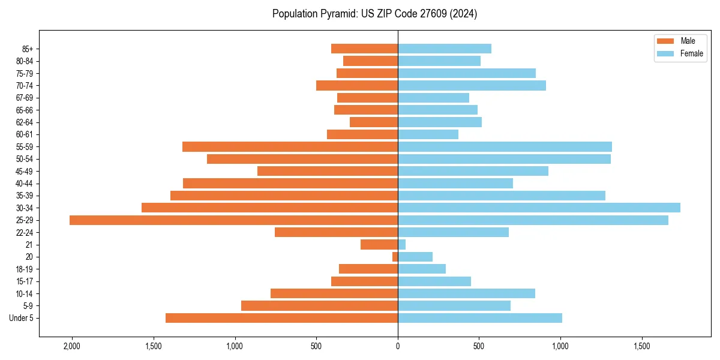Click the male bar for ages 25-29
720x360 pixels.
click(233, 220)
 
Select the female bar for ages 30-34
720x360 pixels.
click(539, 208)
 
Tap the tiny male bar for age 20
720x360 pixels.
click(395, 257)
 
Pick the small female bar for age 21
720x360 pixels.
click(401, 245)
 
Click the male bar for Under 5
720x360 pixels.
click(281, 318)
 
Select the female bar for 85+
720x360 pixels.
click(444, 49)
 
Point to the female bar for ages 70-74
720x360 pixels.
click(472, 85)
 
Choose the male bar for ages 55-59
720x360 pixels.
click(290, 146)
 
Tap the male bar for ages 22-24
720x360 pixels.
click(336, 232)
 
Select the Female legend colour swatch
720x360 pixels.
click(665, 53)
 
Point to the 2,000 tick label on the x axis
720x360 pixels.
click(72, 347)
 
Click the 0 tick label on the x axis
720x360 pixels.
click(398, 347)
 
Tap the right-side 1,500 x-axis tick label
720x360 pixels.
click(642, 347)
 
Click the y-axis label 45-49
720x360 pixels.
click(24, 171)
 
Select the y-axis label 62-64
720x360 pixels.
click(24, 122)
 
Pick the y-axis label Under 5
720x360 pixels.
click(22, 318)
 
